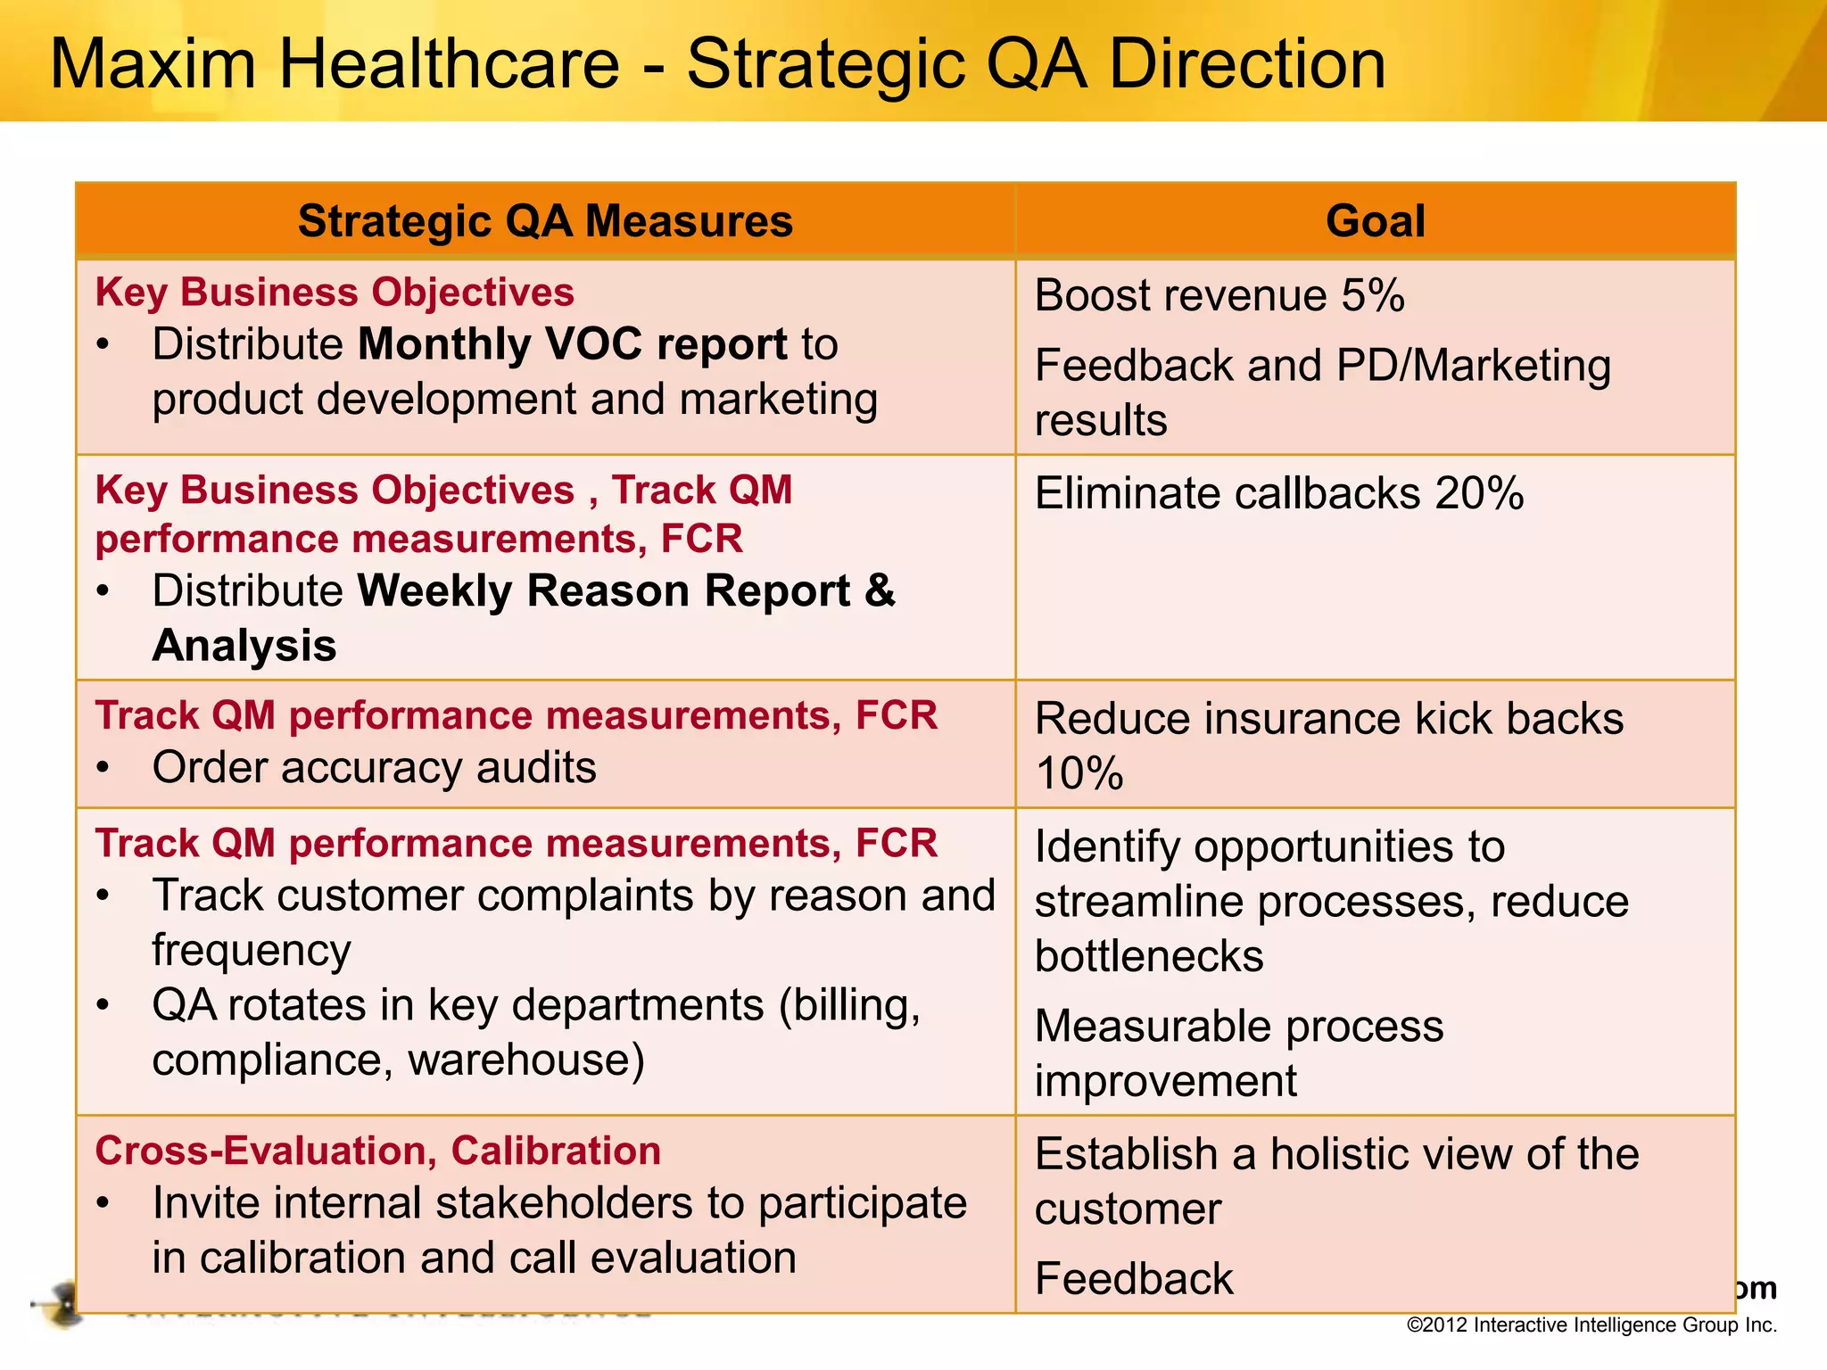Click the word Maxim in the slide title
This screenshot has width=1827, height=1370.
(153, 64)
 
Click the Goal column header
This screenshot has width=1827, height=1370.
(1375, 220)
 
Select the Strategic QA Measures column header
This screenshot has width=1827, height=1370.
(545, 220)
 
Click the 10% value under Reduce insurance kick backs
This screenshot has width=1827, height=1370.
(1079, 773)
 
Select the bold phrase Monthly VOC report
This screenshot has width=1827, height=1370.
(573, 344)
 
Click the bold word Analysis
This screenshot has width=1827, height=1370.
(244, 645)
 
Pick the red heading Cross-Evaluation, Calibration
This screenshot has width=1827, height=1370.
(378, 1151)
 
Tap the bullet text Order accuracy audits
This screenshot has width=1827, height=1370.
(374, 767)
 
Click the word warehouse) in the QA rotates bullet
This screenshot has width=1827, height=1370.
(526, 1060)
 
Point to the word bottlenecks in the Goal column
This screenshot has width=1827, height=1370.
(1149, 956)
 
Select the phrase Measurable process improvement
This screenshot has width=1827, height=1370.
(1238, 1053)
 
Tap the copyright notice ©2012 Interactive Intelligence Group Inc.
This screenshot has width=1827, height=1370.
(1591, 1325)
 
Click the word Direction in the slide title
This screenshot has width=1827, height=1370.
(1247, 64)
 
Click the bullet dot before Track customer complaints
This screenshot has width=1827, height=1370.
(104, 896)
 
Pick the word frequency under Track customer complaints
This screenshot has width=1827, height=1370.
(252, 951)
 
